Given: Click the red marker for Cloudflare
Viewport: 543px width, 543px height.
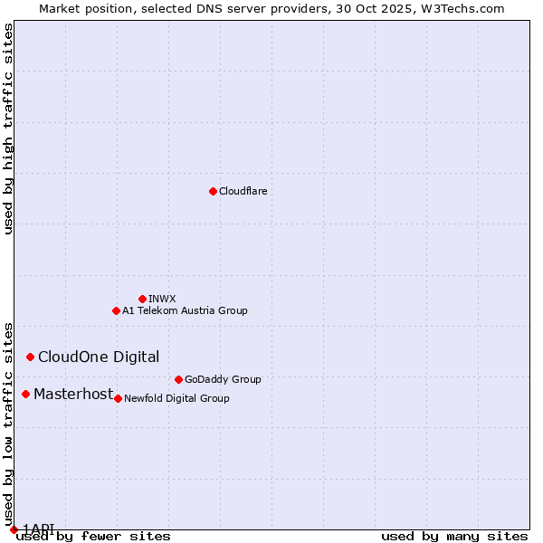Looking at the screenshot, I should (213, 191).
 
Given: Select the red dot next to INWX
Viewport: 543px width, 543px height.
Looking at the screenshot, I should (142, 299).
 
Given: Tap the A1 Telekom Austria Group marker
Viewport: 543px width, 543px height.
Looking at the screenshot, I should (116, 310).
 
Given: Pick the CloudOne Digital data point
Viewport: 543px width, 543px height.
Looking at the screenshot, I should (30, 357).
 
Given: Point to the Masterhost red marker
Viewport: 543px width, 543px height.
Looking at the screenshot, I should (25, 394).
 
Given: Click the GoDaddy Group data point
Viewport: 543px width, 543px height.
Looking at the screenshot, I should (178, 379).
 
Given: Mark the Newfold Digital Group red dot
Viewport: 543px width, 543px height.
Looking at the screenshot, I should (118, 398).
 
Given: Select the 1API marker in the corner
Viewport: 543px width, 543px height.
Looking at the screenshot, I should (14, 529).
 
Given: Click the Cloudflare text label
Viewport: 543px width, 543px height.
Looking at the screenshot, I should (243, 192).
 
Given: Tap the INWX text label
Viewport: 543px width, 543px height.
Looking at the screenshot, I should (162, 299).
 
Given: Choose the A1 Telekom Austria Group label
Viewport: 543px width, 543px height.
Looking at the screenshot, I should (185, 310).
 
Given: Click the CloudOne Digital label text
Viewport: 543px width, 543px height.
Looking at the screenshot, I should (99, 357).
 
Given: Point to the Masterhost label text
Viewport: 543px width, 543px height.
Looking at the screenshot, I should (73, 394).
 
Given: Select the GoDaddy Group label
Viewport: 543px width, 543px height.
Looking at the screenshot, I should (223, 379).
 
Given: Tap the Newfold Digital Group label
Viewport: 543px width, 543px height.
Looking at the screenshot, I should (176, 398).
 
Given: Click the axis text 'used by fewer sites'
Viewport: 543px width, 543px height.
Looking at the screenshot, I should (94, 536).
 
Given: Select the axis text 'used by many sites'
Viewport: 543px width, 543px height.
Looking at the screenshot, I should (454, 536).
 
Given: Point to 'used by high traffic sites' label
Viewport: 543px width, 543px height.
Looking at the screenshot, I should (9, 129).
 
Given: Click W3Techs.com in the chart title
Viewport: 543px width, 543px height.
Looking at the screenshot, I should (462, 8).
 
